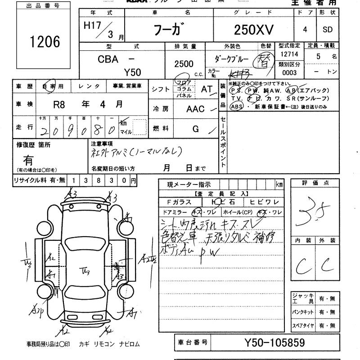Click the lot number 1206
45,42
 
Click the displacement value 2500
184,64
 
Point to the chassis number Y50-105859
274,343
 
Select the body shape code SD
328,30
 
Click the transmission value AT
207,89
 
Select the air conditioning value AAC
195,109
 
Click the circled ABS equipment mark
236,107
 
